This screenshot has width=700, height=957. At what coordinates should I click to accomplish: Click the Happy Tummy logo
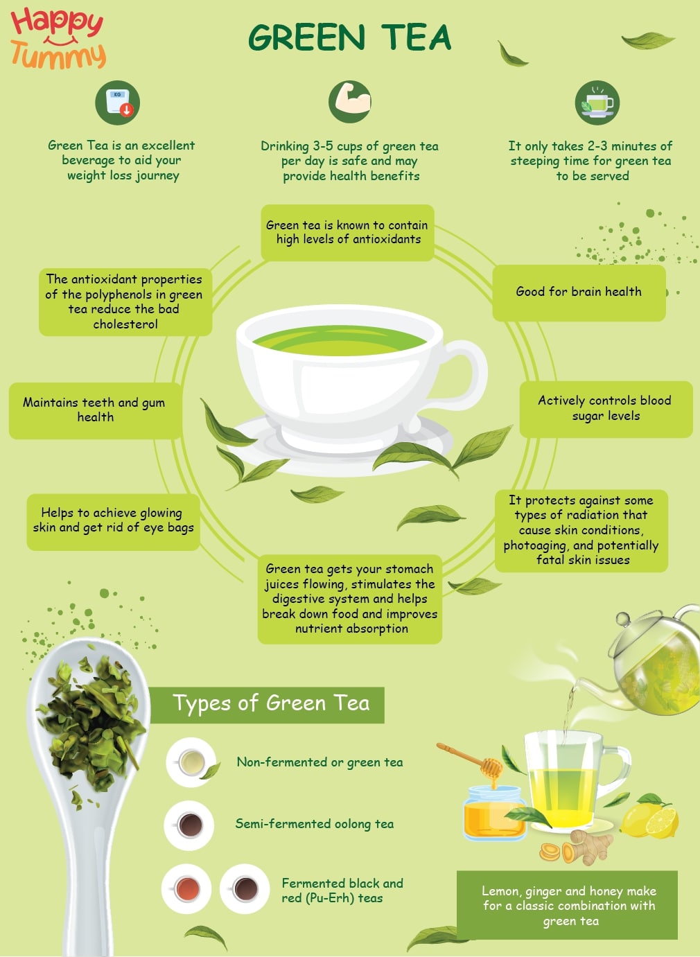[58, 39]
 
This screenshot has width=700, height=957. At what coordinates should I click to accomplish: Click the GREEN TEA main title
[349, 38]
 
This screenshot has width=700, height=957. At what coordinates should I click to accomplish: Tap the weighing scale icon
[118, 103]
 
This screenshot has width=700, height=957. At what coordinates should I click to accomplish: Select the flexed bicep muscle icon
[351, 102]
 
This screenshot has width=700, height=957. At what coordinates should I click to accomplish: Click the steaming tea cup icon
[597, 103]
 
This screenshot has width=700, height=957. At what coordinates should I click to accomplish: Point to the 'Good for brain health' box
[579, 292]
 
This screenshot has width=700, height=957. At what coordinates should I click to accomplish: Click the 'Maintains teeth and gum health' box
[95, 410]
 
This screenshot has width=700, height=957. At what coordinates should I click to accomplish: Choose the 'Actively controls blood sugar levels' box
[605, 408]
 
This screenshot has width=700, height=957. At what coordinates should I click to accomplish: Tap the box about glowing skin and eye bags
[113, 520]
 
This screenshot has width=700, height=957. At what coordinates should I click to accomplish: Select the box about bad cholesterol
[125, 301]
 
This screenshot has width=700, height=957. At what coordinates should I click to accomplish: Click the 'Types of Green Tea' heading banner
[270, 704]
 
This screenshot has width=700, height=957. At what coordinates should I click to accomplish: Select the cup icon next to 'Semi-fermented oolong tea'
[189, 825]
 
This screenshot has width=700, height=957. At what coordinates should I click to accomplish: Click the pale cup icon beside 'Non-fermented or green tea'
[191, 763]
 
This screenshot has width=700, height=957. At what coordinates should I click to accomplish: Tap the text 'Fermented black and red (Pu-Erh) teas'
[342, 890]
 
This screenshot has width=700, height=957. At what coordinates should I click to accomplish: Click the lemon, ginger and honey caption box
[568, 905]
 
